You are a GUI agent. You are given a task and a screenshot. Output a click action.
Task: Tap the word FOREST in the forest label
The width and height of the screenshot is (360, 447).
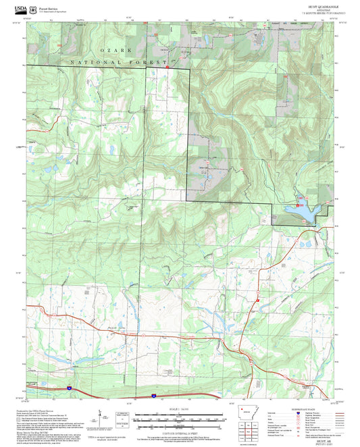(151, 62)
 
